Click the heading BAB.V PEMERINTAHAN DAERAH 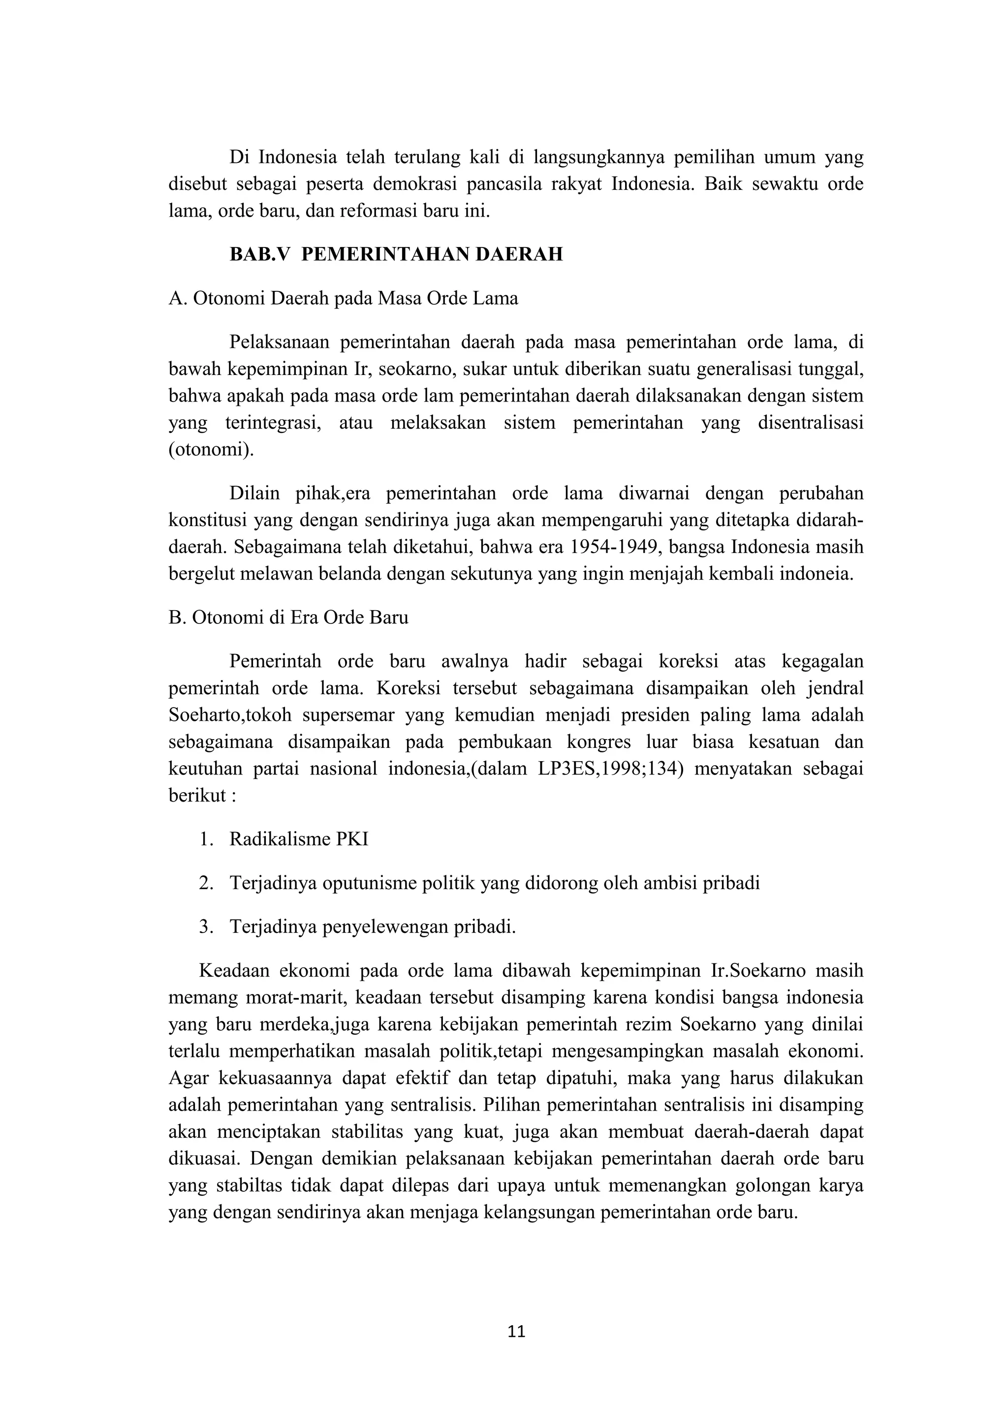coord(396,255)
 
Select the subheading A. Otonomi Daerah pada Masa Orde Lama coord(343,299)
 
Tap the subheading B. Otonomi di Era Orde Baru coord(288,618)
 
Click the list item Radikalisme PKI coord(299,839)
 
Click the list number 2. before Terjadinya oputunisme coord(206,883)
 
